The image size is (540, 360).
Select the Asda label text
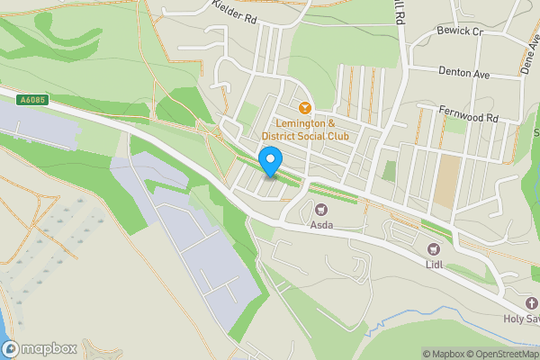320,225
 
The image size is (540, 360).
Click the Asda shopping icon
320,209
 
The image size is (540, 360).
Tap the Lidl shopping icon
434,248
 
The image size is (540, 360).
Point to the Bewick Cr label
462,31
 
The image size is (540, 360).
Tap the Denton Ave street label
463,74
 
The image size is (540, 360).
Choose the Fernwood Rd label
467,118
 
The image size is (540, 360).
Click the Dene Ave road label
527,49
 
